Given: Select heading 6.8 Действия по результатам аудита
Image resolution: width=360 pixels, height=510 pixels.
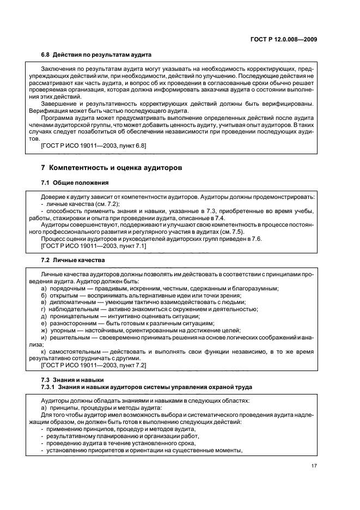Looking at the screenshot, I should click(96, 55).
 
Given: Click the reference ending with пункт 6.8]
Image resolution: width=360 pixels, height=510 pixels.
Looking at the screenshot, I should click(94, 146).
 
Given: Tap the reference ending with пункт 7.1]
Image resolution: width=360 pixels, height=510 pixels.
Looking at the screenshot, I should click(94, 246).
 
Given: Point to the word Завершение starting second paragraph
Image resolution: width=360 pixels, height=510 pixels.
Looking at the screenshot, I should click(59, 104).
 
